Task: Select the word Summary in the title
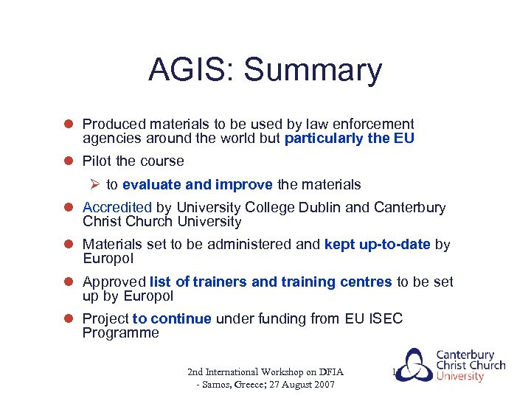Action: (x=313, y=71)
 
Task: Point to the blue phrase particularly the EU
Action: (x=349, y=139)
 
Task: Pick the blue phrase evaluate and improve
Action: (x=198, y=184)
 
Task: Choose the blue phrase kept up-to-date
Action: (x=377, y=245)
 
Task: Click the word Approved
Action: (x=114, y=282)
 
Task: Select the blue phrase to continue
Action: (x=172, y=318)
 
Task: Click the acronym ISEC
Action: (x=388, y=318)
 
